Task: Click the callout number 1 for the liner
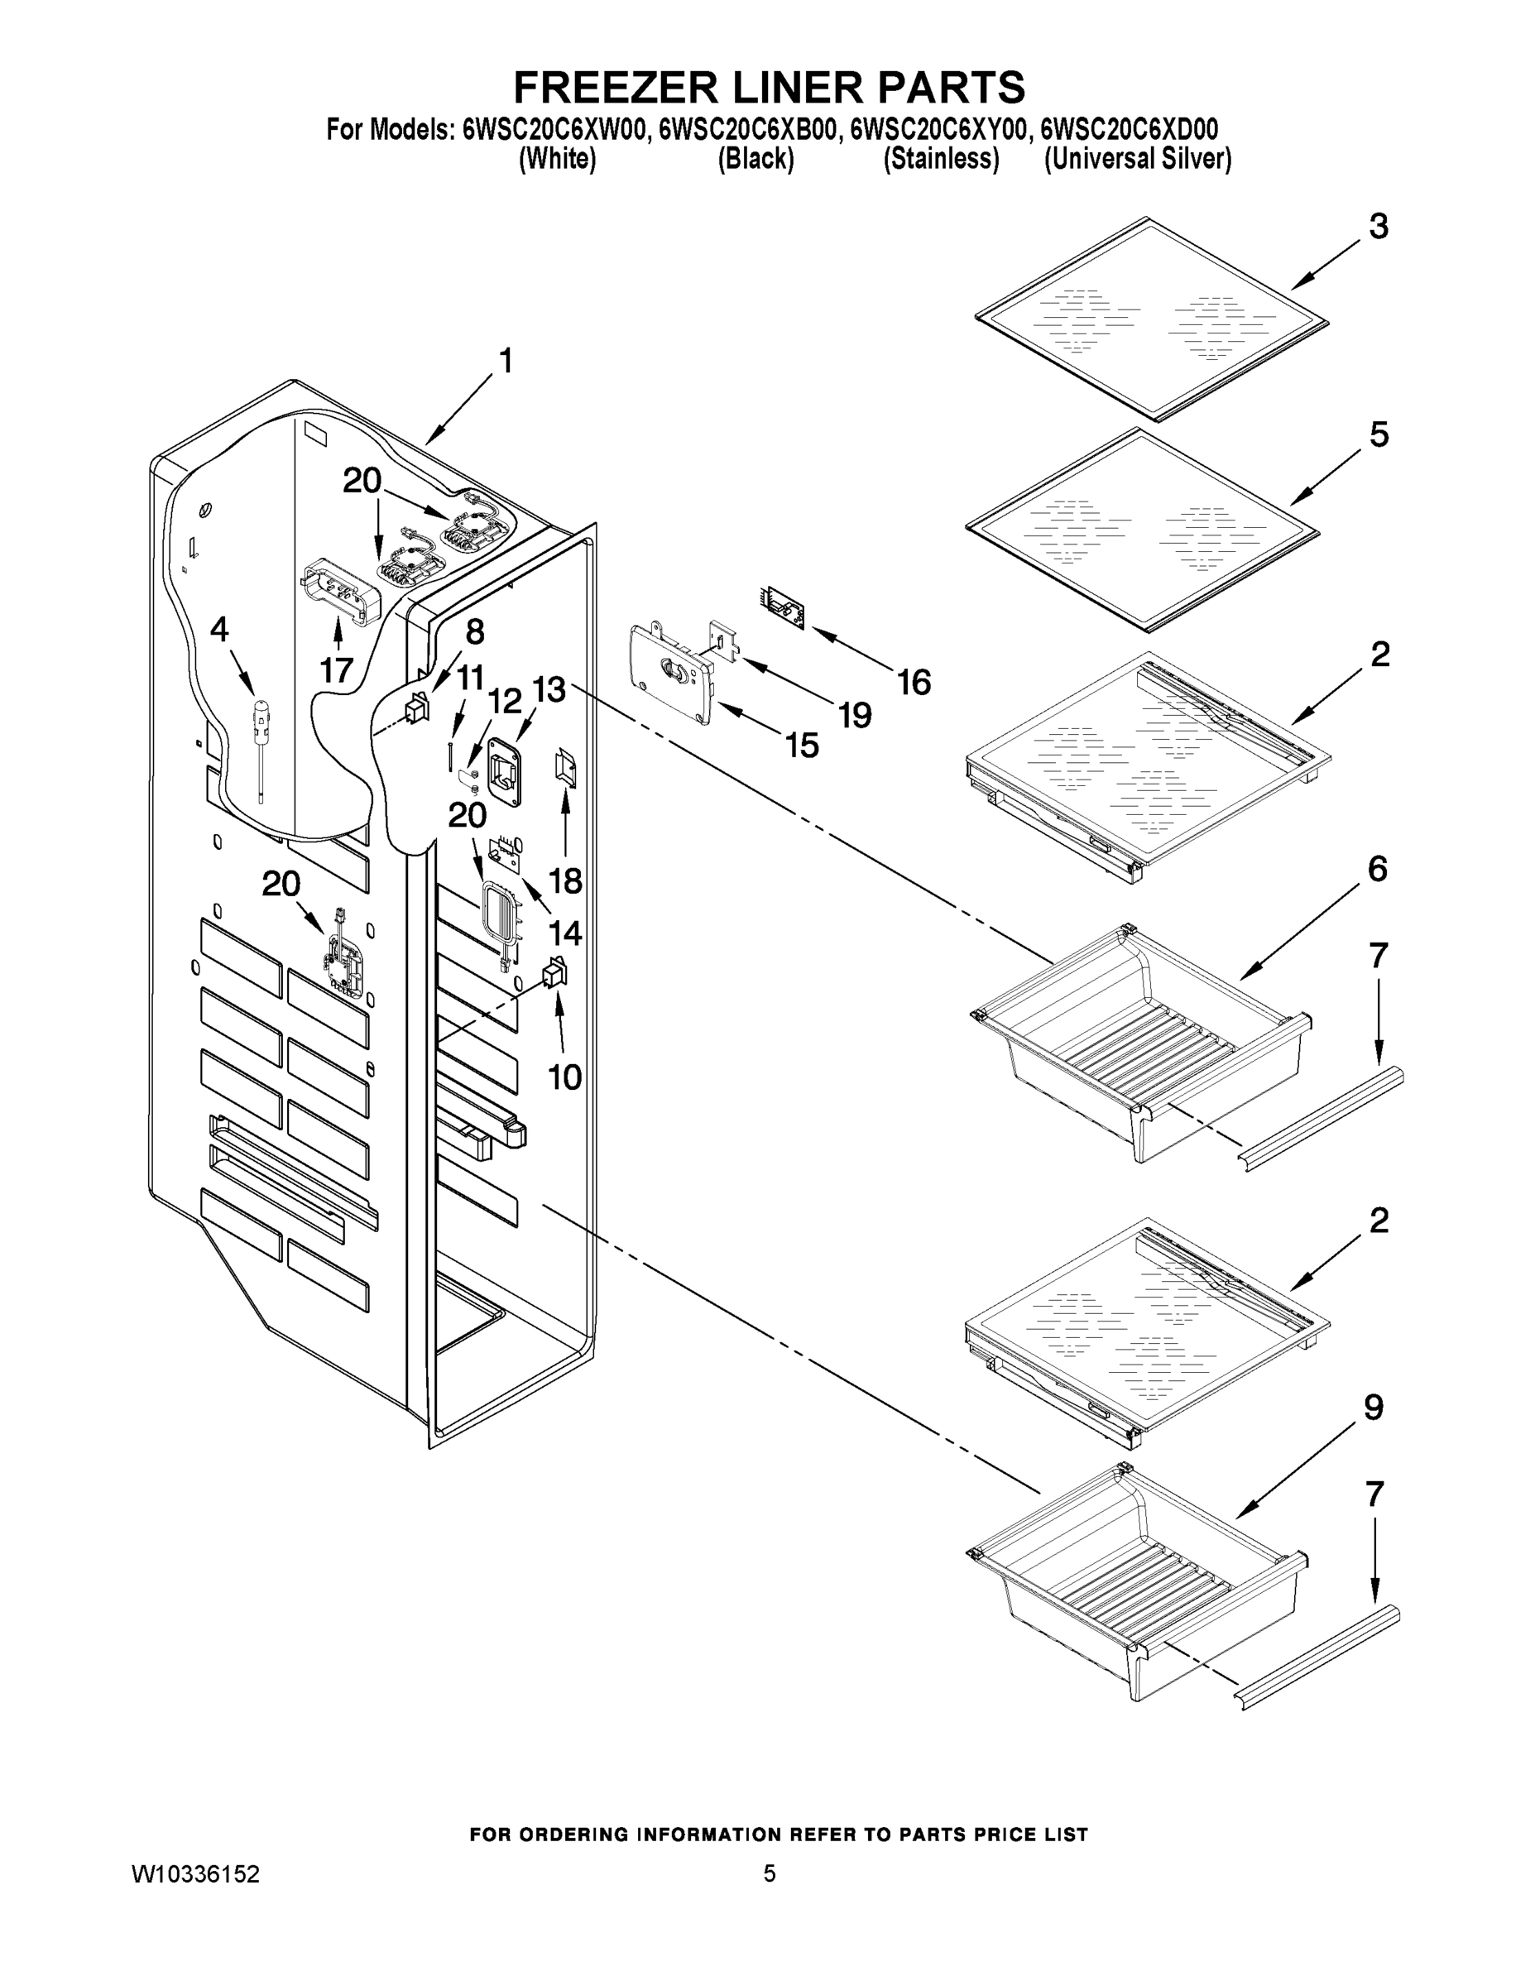[506, 362]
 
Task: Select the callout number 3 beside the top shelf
[1379, 227]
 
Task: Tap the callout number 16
[914, 682]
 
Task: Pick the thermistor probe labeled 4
[261, 736]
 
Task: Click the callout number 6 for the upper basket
[1377, 870]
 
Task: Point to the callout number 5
[1379, 434]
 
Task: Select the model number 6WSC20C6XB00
[746, 130]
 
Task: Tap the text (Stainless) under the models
[941, 159]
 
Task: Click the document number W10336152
[195, 1874]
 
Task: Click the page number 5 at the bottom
[770, 1873]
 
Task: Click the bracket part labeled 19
[723, 644]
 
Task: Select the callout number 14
[564, 933]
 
